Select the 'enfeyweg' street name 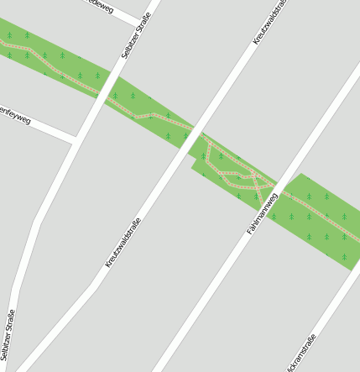click(x=15, y=115)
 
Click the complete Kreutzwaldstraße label click(x=123, y=243)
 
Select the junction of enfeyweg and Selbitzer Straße click(x=76, y=140)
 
